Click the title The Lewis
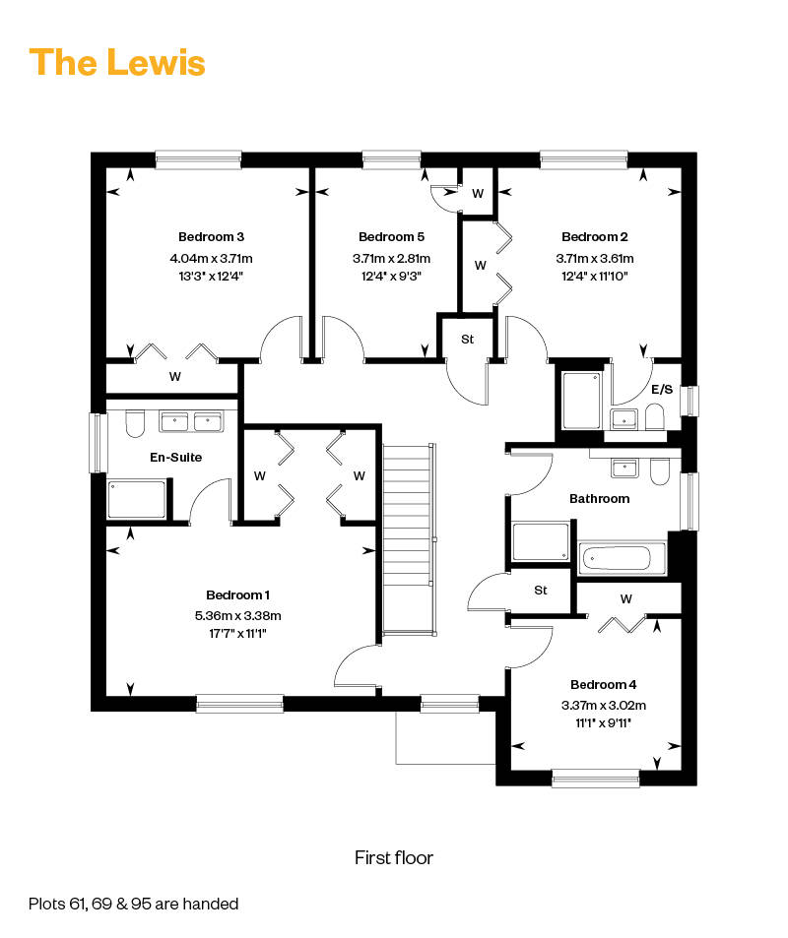(x=117, y=63)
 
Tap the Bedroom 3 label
(x=212, y=237)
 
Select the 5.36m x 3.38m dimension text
(x=237, y=615)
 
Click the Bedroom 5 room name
(x=392, y=237)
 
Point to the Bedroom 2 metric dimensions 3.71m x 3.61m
(x=595, y=259)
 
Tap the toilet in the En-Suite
(x=135, y=423)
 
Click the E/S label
(x=662, y=390)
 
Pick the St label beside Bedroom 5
(x=468, y=340)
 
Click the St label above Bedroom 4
(x=541, y=591)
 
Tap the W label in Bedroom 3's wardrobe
(x=175, y=376)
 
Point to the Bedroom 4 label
(x=604, y=684)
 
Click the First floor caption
(x=394, y=858)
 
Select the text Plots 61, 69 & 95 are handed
(x=134, y=904)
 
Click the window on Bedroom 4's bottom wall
(x=596, y=779)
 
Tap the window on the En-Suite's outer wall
(x=98, y=443)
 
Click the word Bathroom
(x=600, y=499)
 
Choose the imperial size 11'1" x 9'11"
(x=604, y=723)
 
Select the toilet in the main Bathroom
(x=659, y=471)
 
